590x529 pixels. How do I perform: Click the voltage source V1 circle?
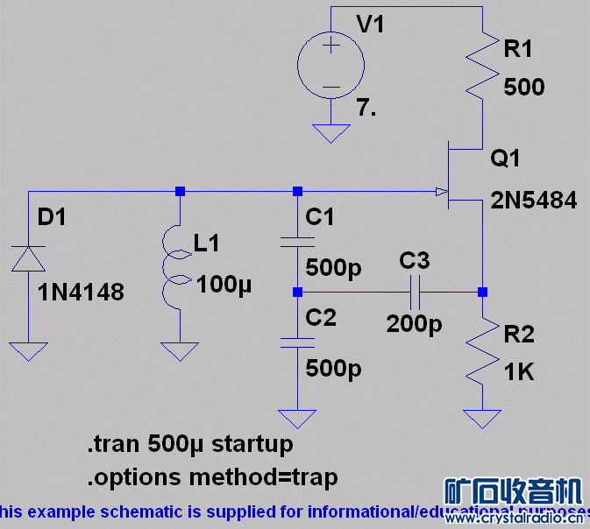coord(331,66)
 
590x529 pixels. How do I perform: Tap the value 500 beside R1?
coord(524,88)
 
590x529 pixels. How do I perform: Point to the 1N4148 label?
coord(81,292)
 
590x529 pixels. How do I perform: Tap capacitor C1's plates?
coord(297,239)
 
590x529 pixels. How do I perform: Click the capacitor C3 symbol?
coord(414,291)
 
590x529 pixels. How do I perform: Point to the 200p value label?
coord(415,325)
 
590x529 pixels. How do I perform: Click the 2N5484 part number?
coord(534,201)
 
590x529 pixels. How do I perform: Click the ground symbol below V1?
coord(331,134)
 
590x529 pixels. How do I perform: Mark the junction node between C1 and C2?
coord(297,291)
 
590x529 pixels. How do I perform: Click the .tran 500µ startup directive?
coord(189,444)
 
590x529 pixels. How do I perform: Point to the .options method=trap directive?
coord(211,477)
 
